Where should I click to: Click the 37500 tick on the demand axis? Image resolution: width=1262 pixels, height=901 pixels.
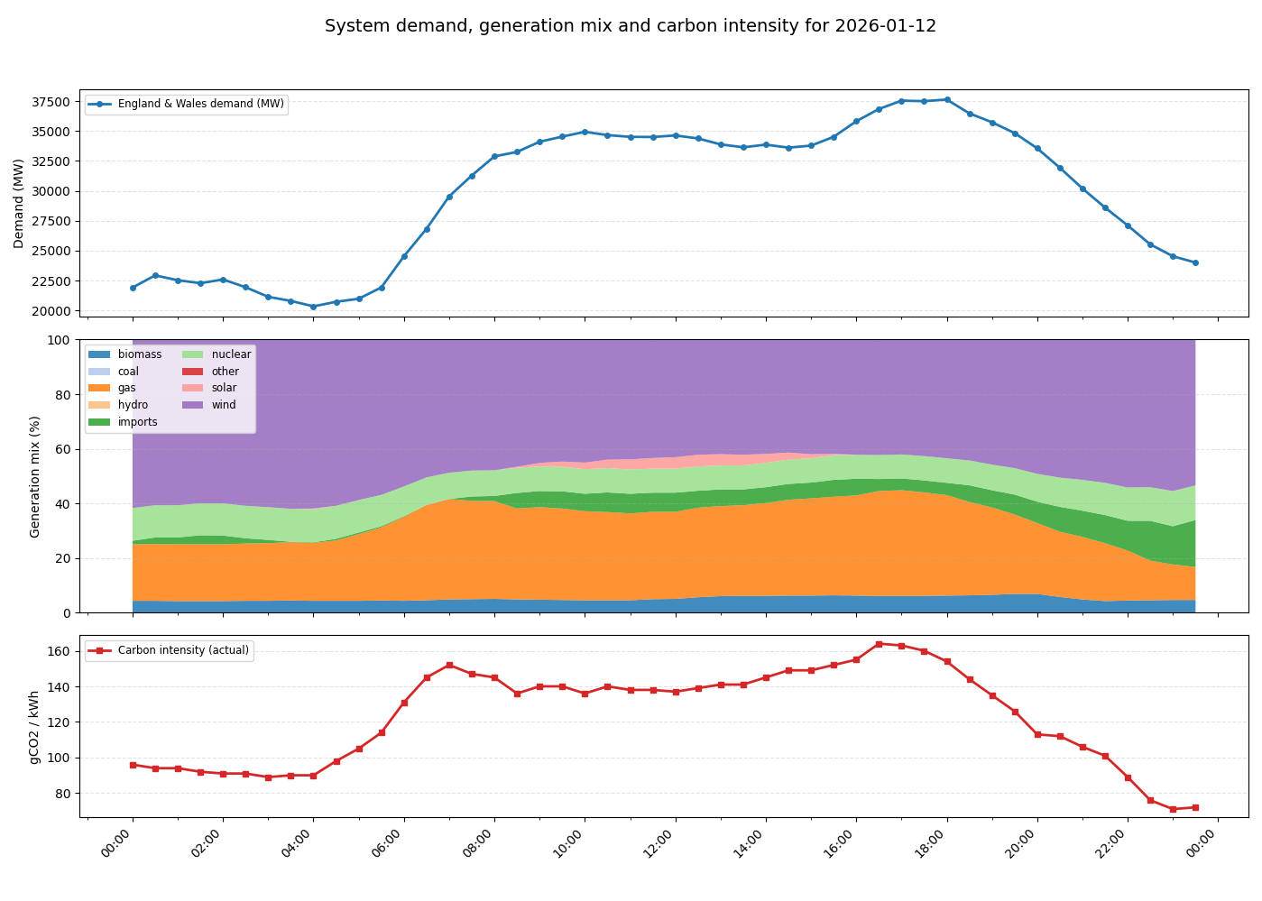[x=56, y=102]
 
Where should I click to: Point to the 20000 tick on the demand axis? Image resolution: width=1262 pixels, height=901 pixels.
[x=56, y=311]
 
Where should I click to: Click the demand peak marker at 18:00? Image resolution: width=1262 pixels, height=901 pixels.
[x=947, y=100]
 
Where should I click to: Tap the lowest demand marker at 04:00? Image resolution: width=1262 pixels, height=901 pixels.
[x=313, y=307]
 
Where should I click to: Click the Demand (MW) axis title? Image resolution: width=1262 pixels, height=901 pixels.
[x=19, y=204]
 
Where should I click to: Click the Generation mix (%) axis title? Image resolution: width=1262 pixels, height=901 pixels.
[x=35, y=476]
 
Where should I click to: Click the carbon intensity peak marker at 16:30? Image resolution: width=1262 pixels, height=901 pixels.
[x=879, y=644]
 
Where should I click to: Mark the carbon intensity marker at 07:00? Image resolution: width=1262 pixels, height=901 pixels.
[x=449, y=666]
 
